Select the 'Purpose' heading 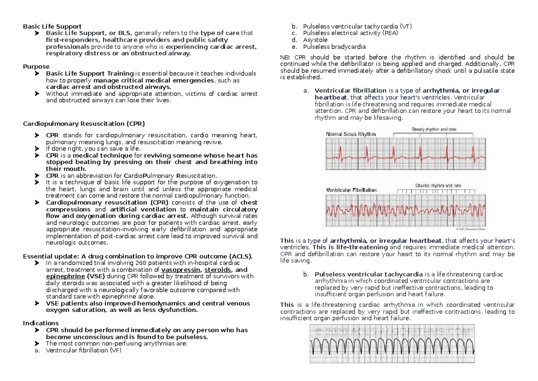click(36, 66)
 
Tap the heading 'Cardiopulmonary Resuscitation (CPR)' click(84, 123)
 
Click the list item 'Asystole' click(315, 40)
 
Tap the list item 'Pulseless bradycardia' click(334, 47)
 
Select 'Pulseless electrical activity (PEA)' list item click(350, 33)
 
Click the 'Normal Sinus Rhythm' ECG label click(351, 134)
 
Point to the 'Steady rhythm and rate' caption click(434, 129)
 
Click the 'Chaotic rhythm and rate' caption click(438, 185)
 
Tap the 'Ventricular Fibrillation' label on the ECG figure click(351, 190)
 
